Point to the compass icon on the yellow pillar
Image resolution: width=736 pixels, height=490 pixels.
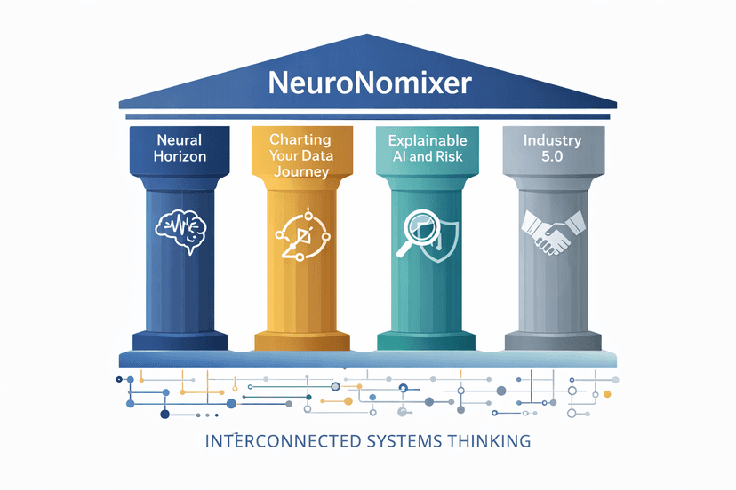(x=300, y=233)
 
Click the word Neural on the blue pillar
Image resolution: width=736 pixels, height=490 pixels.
(x=180, y=139)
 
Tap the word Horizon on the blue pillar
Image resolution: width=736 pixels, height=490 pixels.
(x=180, y=156)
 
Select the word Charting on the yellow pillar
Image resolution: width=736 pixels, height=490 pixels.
(x=300, y=139)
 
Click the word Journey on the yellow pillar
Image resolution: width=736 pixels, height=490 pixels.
(x=301, y=172)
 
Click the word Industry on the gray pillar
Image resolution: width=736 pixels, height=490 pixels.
(x=553, y=140)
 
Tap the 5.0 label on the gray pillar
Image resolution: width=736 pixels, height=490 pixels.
(x=553, y=157)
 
